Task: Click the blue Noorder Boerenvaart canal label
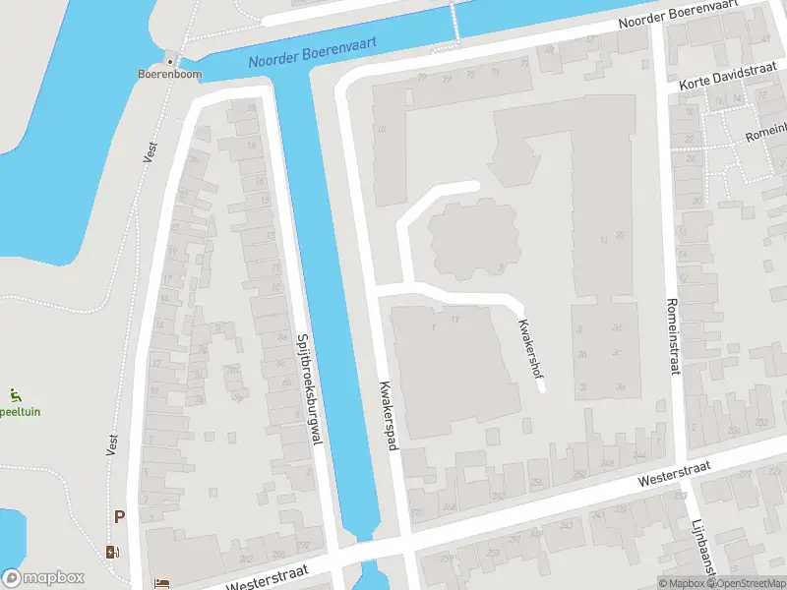[312, 52]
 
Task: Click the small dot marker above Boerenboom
[170, 61]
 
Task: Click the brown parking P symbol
[120, 516]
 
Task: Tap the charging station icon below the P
[113, 551]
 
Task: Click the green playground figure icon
[16, 396]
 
